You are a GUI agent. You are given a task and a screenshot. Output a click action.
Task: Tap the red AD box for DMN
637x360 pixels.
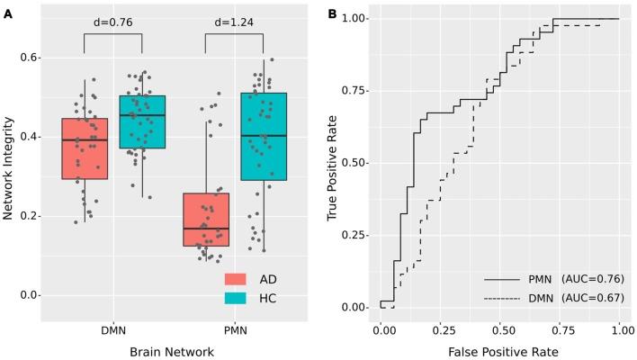coord(85,148)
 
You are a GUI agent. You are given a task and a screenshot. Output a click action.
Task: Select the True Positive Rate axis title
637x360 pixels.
coord(333,163)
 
